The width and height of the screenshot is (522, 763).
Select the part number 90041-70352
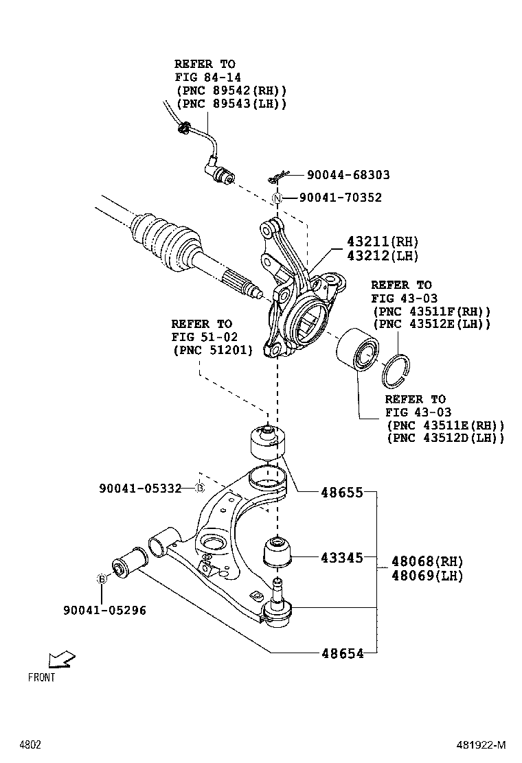coord(340,198)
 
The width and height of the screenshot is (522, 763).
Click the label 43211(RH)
coord(382,242)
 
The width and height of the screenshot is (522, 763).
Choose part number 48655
coord(342,492)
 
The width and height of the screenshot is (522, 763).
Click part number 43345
coord(342,558)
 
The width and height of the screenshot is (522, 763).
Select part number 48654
coord(342,653)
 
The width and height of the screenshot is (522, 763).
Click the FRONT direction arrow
coord(61,660)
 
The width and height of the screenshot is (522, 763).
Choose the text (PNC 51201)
coord(212,350)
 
